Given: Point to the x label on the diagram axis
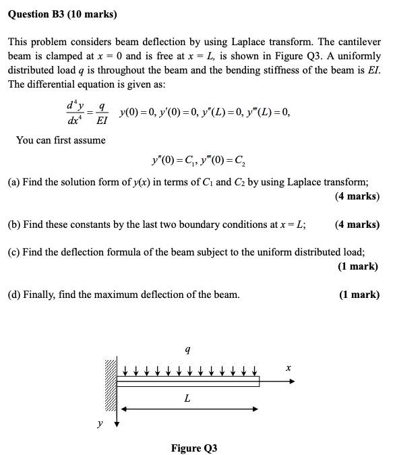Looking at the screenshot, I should [x=289, y=368].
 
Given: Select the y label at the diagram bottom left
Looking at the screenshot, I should [x=100, y=423].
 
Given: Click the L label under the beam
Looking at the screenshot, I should [x=187, y=398].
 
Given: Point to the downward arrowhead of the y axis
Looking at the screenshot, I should [x=117, y=425].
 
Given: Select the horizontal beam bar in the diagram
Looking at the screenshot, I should [x=189, y=382].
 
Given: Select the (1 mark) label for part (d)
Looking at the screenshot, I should [x=359, y=294].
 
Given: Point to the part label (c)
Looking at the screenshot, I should [x=14, y=252].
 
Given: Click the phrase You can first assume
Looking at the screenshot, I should [x=61, y=140].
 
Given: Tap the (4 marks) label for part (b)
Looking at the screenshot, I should [x=357, y=224].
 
